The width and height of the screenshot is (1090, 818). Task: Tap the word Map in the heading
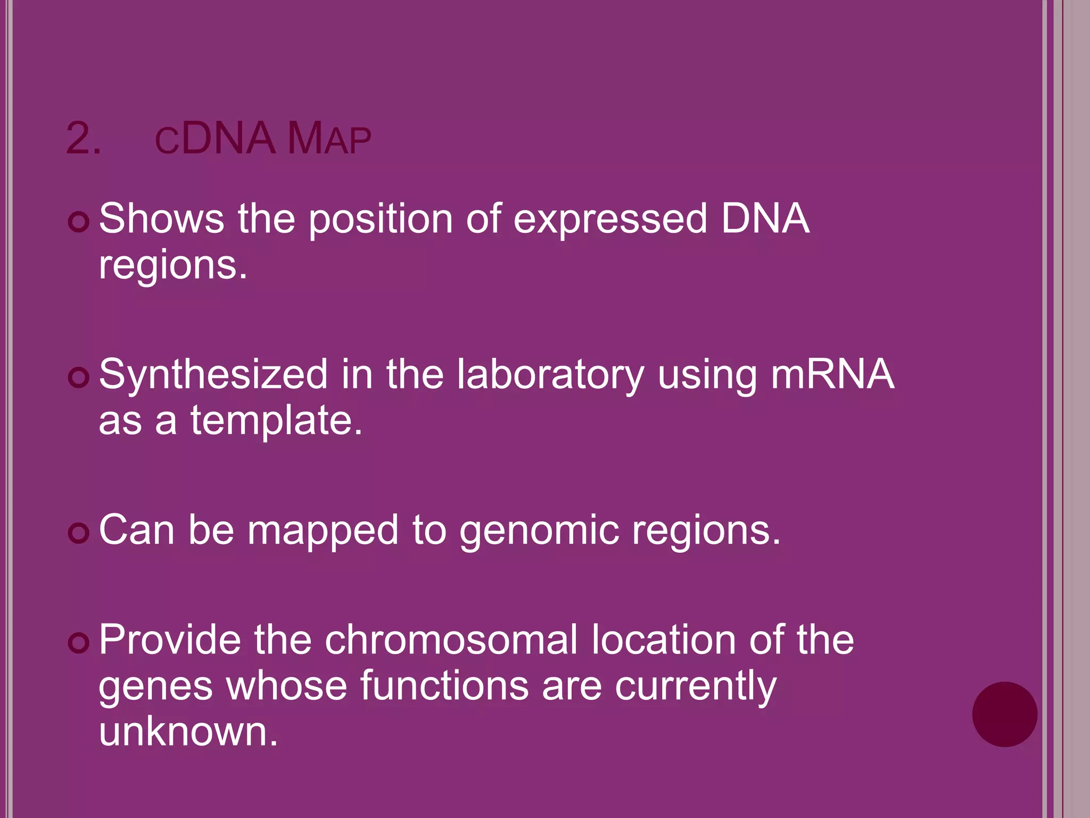(x=329, y=139)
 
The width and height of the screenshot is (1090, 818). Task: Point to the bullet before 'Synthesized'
(x=79, y=378)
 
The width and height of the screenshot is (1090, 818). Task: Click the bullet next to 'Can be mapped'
(x=79, y=533)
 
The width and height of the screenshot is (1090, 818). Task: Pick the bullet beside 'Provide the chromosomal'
(x=79, y=643)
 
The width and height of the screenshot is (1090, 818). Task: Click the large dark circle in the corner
(x=1004, y=714)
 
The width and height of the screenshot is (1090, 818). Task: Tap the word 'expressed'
(x=610, y=219)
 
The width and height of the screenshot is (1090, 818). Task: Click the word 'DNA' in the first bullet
(x=765, y=219)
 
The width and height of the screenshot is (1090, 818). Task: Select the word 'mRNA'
(x=832, y=374)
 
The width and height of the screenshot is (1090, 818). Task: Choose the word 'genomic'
(x=539, y=531)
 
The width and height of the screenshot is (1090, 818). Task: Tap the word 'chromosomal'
(x=451, y=640)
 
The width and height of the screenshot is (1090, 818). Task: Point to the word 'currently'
(x=696, y=686)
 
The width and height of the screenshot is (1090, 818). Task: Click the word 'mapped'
(x=323, y=531)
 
